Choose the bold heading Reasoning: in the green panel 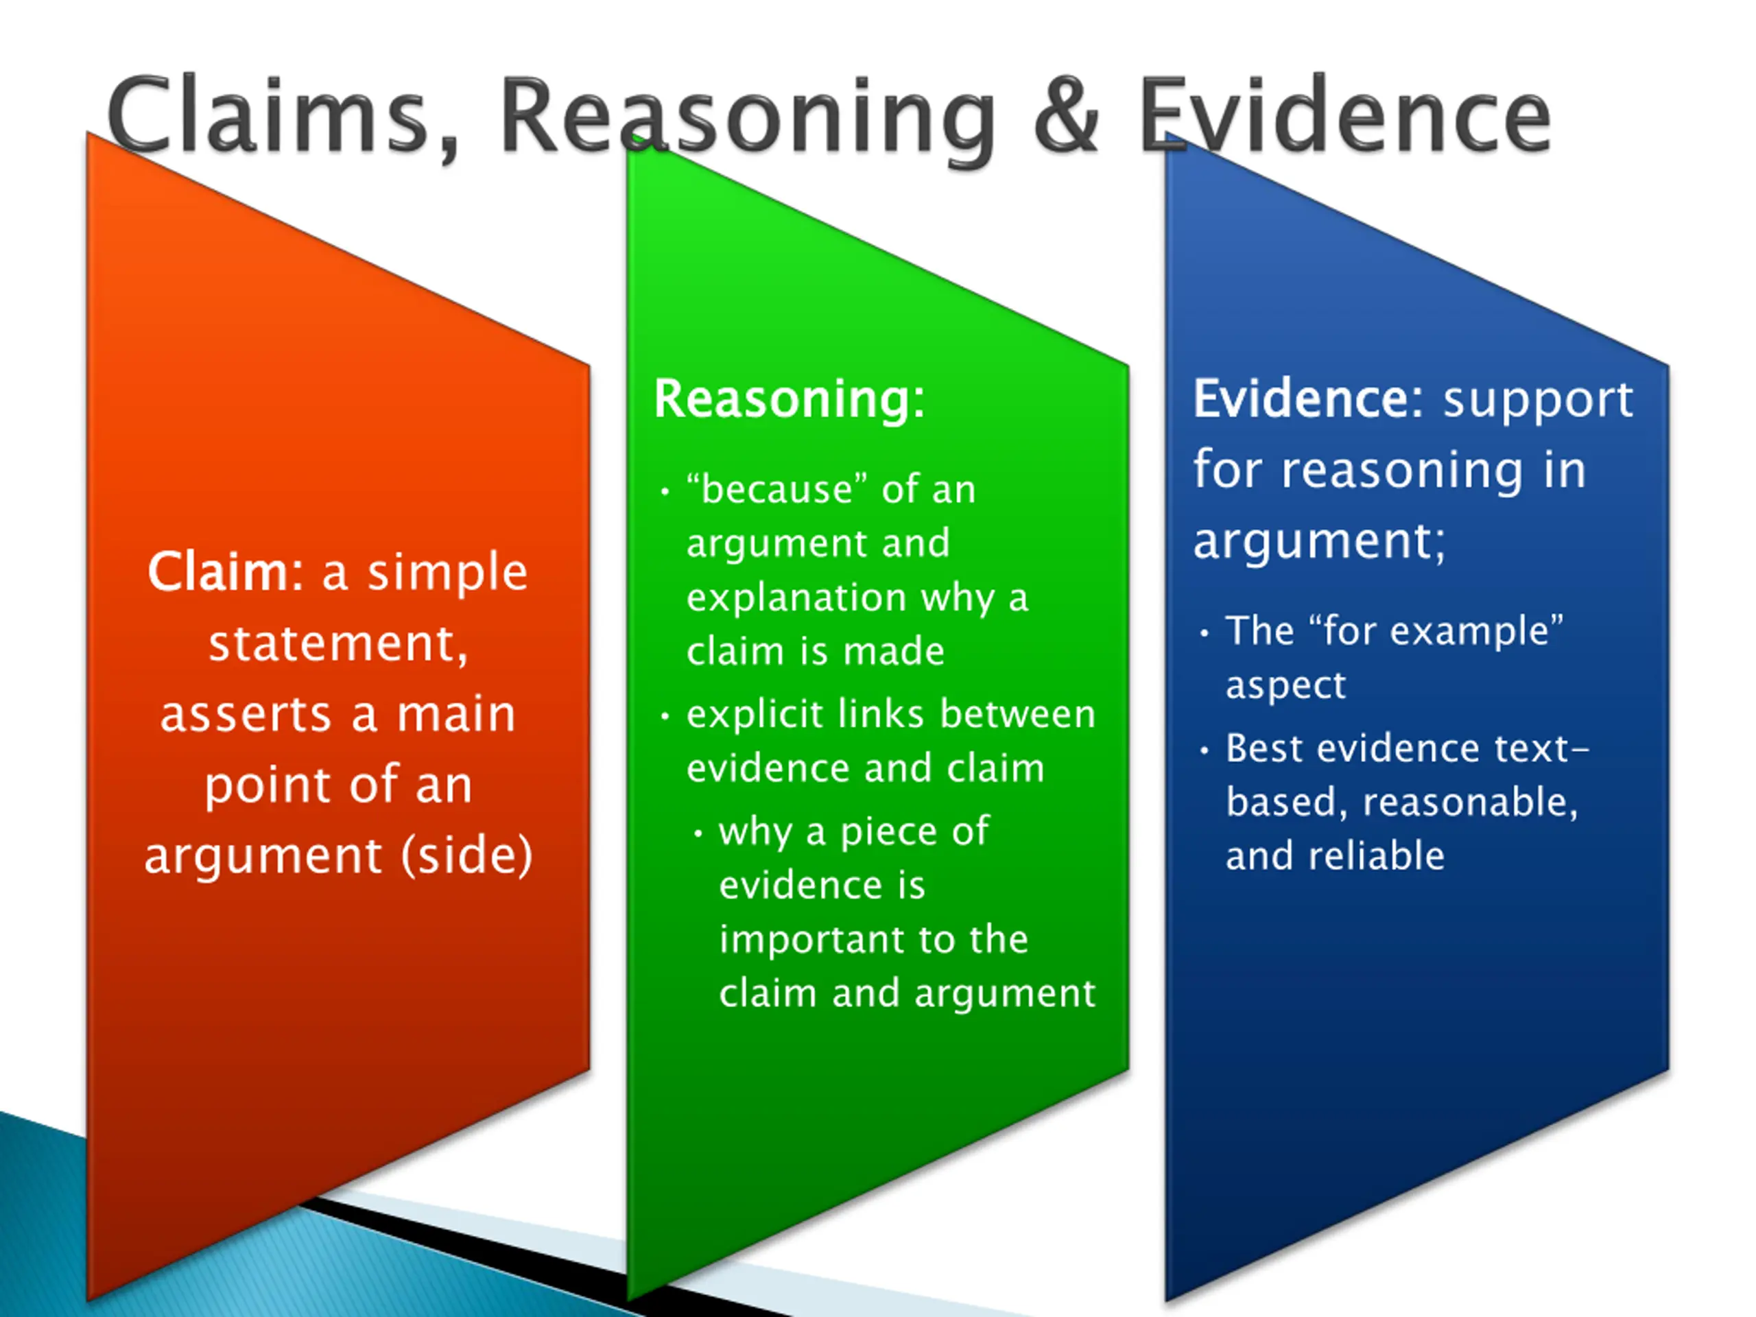789,399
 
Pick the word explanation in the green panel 796,597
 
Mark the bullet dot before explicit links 665,716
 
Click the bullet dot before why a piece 698,833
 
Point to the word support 1538,400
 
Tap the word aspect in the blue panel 1285,685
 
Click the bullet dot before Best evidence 1205,750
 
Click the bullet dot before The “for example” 1205,632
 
